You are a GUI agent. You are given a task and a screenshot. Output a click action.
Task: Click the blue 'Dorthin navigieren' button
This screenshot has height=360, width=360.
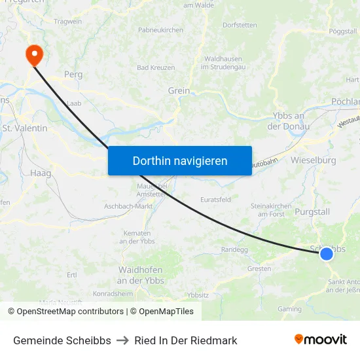coord(179,160)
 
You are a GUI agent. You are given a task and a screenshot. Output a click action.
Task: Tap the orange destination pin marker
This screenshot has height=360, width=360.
coord(33,54)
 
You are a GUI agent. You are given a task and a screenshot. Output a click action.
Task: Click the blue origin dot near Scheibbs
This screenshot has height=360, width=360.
coord(326,253)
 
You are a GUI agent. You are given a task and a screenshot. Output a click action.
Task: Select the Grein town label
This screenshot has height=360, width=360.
coord(179,91)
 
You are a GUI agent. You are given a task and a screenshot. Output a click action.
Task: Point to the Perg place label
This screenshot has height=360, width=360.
coord(73,75)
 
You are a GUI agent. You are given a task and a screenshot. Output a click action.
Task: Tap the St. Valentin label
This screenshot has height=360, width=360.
coord(25,128)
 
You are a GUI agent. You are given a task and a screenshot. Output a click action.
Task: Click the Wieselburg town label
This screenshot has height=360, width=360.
coord(314,160)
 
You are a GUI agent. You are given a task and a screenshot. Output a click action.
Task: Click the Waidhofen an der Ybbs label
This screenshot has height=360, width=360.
coord(141,275)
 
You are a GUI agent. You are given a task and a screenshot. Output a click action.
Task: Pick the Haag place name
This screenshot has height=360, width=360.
coord(40,173)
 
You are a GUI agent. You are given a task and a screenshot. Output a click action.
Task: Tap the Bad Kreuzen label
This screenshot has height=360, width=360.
coord(156,67)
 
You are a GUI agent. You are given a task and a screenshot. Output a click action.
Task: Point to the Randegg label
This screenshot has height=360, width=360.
coord(234,249)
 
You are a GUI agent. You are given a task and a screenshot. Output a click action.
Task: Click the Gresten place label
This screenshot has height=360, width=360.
coord(259,268)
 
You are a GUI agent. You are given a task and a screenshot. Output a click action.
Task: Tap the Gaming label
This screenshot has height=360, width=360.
coord(289,309)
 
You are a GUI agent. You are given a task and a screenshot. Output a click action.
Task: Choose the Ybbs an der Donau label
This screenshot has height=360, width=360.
coord(285,121)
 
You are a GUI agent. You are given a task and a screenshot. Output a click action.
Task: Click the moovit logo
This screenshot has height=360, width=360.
coord(320,340)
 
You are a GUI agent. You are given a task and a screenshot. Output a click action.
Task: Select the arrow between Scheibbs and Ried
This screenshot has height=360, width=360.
coord(122,340)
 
